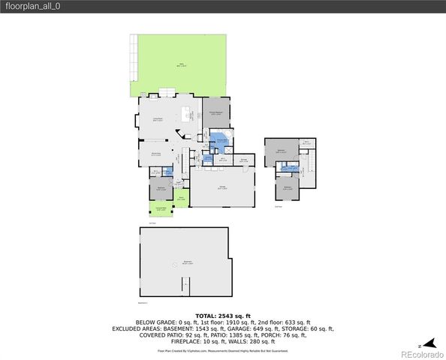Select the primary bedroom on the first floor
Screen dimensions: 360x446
pos(215,113)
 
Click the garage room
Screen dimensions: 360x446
pos(222,188)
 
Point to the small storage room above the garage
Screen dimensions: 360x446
pos(244,160)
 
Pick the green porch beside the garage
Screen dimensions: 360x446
pos(182,199)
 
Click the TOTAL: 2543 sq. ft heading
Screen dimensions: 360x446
pos(222,316)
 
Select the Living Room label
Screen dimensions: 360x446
pos(158,118)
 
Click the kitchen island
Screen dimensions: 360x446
pos(186,112)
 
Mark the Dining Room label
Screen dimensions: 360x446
pos(158,153)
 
